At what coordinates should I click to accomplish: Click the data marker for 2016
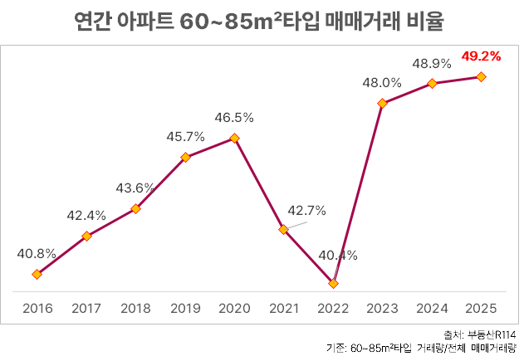coord(37,274)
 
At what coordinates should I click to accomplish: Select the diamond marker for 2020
coord(234,138)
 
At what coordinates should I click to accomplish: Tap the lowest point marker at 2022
coord(333,284)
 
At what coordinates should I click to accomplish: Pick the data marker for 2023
coord(382,104)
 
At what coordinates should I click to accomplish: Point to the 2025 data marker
coord(481,77)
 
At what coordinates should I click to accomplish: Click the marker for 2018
coord(135,208)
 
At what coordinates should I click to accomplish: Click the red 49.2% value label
coord(481,56)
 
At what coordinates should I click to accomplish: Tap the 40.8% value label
coord(37,253)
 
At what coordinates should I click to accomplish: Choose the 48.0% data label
coord(382,83)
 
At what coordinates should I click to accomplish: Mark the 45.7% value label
coord(184,136)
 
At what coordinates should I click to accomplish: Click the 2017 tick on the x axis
coord(86,309)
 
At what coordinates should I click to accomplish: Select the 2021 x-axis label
coord(283,309)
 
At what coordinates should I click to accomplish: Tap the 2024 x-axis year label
coord(432,309)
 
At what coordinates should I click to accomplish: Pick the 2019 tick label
coord(184,309)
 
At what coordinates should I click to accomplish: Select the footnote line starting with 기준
coord(421,348)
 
